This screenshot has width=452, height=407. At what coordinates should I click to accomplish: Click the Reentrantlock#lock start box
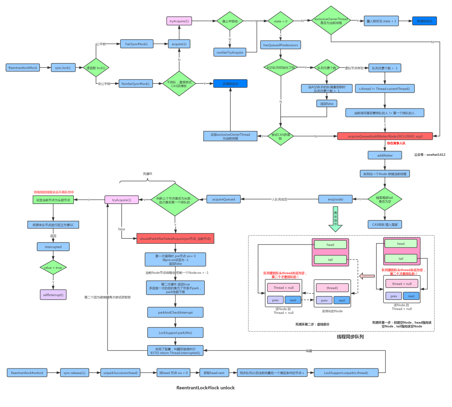[23, 67]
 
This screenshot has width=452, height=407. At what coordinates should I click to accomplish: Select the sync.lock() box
[63, 67]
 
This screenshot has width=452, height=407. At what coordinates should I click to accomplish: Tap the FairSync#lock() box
[137, 44]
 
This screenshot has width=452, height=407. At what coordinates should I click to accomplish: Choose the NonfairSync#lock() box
[135, 84]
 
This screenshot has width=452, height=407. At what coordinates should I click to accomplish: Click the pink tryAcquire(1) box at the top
[179, 21]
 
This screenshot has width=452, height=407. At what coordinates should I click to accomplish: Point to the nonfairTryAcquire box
[229, 52]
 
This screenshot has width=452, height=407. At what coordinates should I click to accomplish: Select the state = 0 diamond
[280, 21]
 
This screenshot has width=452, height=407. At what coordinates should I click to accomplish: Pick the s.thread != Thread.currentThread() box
[385, 88]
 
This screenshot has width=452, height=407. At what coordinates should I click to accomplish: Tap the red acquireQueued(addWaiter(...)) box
[385, 137]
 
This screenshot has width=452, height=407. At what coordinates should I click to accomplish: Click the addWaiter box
[385, 155]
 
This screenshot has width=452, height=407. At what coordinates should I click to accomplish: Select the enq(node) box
[335, 199]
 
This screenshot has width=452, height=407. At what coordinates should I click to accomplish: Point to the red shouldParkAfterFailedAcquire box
[175, 239]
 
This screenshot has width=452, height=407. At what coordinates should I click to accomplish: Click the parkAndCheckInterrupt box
[175, 312]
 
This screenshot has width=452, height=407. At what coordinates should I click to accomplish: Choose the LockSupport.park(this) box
[175, 332]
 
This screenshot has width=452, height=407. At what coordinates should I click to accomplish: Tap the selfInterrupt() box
[53, 295]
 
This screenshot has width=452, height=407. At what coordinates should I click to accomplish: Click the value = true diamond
[53, 267]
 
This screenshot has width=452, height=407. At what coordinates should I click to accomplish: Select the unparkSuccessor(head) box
[121, 373]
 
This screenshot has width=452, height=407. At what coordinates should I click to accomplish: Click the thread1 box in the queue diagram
[332, 288]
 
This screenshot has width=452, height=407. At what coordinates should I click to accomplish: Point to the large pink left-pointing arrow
[367, 276]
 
